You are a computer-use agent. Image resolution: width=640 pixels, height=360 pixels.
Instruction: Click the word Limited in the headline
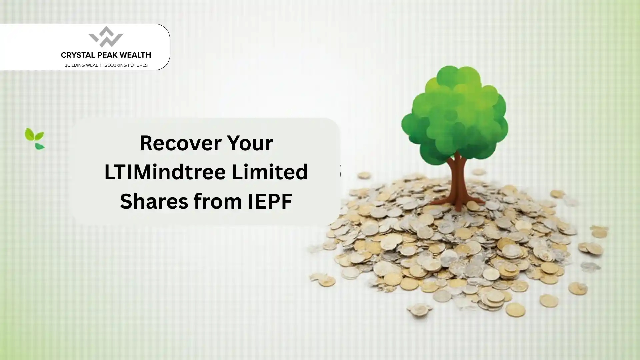(x=270, y=172)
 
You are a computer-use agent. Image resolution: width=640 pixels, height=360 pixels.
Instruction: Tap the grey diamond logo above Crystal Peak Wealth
(x=106, y=37)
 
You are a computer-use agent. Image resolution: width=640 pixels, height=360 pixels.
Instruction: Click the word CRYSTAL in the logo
(x=77, y=55)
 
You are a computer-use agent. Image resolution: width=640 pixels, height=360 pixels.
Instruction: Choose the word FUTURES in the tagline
(x=138, y=65)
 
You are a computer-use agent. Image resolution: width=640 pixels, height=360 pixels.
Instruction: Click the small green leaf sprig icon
(x=35, y=138)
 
